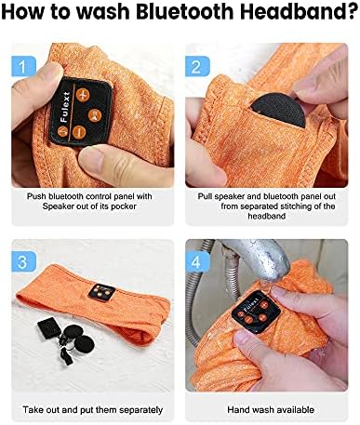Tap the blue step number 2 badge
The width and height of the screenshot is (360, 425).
[x=197, y=66]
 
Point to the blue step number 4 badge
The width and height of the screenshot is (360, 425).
[x=197, y=261]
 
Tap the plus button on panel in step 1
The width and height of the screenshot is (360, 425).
[x=83, y=95]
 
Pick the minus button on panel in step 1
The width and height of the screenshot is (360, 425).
[x=79, y=132]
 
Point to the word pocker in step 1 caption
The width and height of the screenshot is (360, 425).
[x=124, y=206]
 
